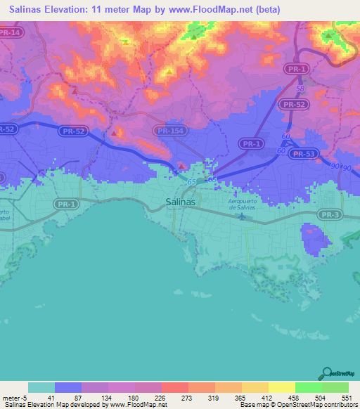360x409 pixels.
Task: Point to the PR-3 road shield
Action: (328, 214)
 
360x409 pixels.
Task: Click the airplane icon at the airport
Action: (242, 215)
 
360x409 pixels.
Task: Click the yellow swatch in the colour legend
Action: (281, 387)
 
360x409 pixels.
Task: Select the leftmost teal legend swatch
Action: (41, 387)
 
